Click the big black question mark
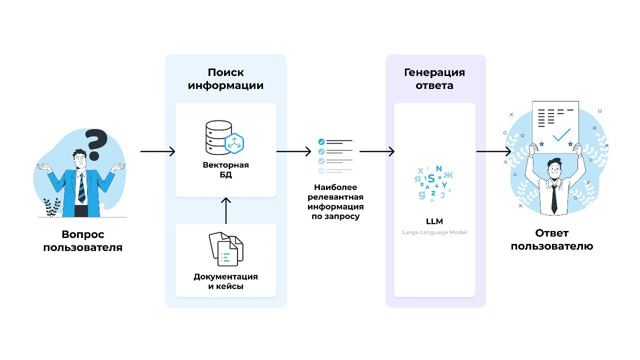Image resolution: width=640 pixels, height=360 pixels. pos(96,142)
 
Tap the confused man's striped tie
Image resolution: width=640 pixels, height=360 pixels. pos(81,187)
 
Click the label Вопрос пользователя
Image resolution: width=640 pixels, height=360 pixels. pos(82,240)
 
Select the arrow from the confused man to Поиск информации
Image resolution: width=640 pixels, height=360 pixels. pos(157,151)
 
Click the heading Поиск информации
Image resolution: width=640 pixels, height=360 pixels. pos(225,79)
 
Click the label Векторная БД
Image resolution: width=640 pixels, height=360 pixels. pos(225,170)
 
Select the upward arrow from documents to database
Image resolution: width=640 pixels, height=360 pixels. pos(226,210)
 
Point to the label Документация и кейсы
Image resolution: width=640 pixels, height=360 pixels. pos(225,281)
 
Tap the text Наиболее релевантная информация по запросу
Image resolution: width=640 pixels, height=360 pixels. pos(335,202)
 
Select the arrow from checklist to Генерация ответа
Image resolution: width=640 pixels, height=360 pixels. pos(377,151)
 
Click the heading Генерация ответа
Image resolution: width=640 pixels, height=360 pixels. pos(434,79)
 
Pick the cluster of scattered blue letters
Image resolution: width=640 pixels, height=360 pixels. pos(433,183)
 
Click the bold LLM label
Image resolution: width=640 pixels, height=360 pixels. pos(434,221)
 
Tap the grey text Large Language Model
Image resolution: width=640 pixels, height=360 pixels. pos(434,232)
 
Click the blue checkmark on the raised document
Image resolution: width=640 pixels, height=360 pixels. pos(561,134)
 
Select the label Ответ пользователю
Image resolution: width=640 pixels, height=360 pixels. pos(552,239)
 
